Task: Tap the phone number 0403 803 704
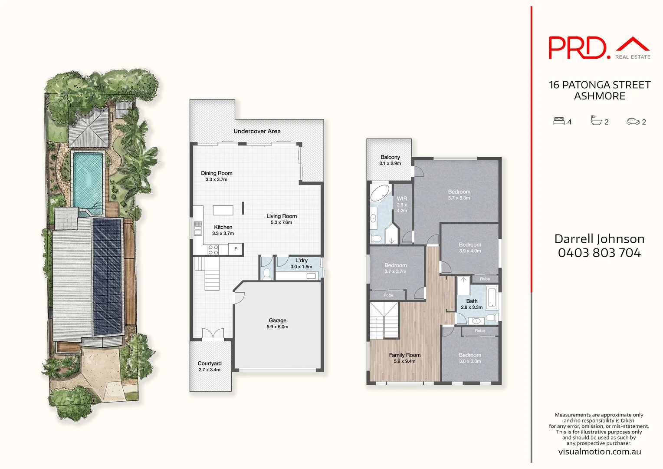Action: tap(599, 253)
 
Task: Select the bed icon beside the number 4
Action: tap(559, 121)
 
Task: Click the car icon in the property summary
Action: tap(633, 122)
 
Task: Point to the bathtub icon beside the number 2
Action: tap(596, 121)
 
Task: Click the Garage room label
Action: tap(277, 320)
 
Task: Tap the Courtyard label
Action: tap(210, 363)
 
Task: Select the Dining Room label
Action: tap(217, 173)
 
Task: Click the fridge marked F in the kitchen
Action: tap(236, 249)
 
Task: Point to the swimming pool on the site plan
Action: tap(88, 178)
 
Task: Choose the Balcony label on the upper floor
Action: tap(390, 157)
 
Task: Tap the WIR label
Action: tap(402, 198)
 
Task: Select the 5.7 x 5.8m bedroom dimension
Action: tap(459, 198)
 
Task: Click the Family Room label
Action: tap(404, 355)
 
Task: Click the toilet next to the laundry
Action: tap(266, 273)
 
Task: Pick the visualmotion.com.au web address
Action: tap(599, 452)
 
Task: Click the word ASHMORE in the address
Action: tap(600, 96)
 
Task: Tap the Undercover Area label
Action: tap(257, 131)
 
